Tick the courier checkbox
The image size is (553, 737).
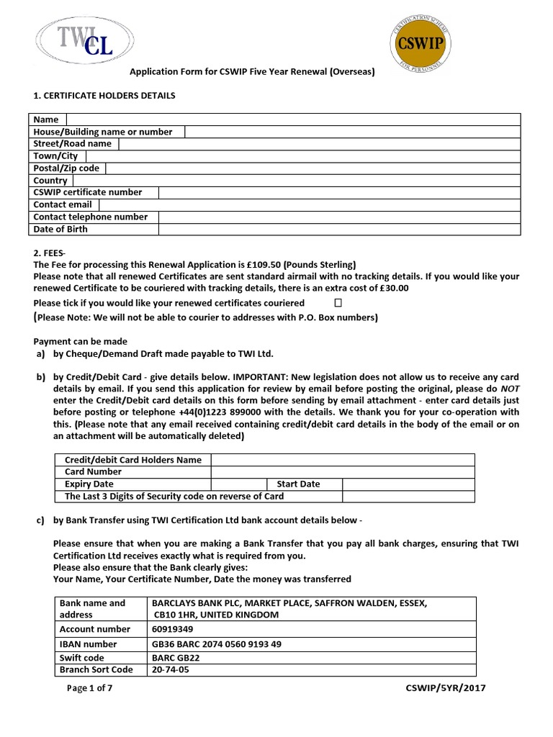coord(338,303)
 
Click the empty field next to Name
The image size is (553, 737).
coord(293,119)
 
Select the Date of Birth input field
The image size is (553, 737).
coord(338,229)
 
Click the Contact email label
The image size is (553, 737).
coord(63,204)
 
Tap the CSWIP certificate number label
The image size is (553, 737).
coord(88,192)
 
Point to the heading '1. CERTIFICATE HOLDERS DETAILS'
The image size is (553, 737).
coord(104,96)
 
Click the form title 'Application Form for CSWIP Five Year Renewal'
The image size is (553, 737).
coord(252,72)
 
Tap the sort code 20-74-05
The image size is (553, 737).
coord(168,669)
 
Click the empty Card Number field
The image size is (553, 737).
coord(343,472)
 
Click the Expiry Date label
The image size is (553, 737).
coord(89,484)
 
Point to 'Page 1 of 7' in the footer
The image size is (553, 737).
coord(89,688)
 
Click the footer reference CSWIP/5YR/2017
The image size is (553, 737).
coord(446,688)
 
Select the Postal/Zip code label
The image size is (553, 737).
coord(66,168)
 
